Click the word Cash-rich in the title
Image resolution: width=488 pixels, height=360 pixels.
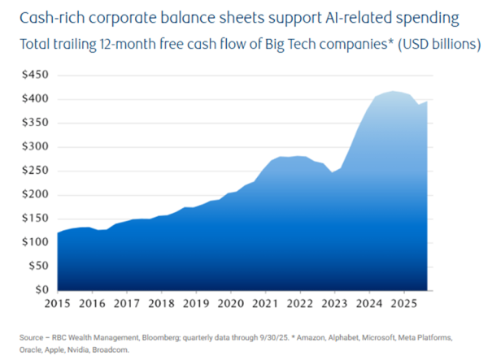point(46,17)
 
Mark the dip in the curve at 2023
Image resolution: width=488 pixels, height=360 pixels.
point(334,172)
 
